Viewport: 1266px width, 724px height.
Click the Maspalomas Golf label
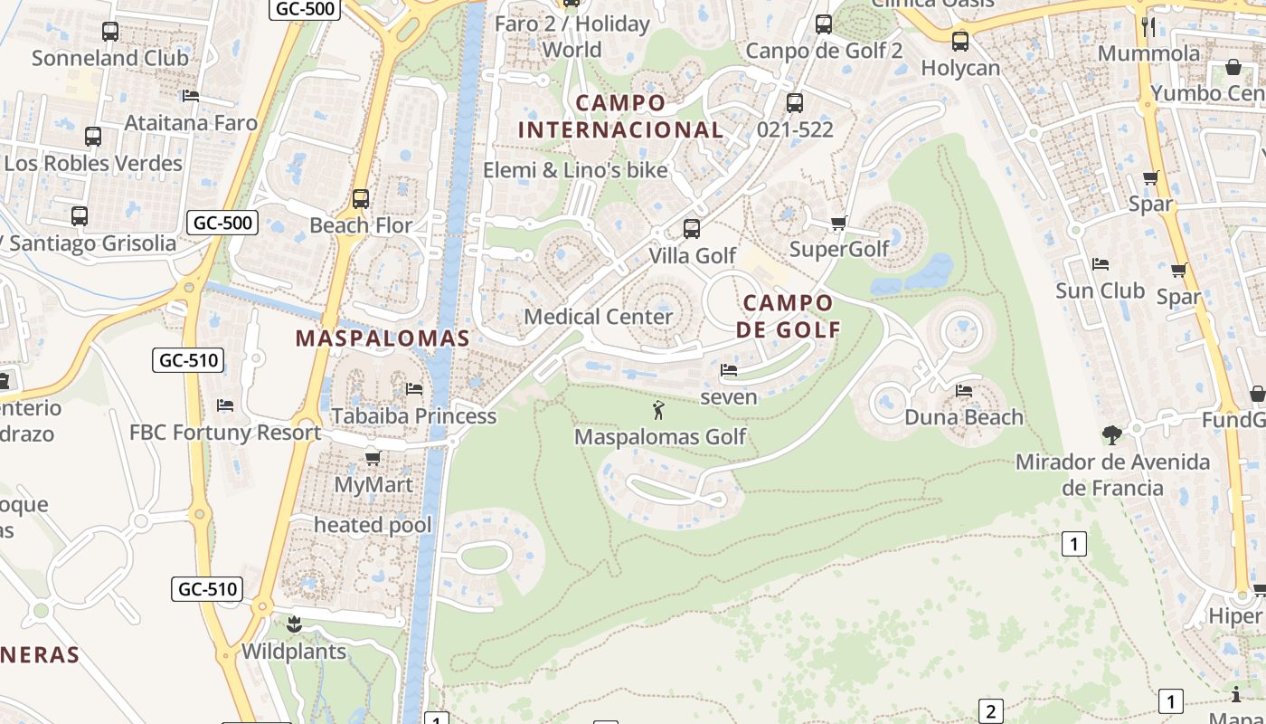pyautogui.click(x=660, y=437)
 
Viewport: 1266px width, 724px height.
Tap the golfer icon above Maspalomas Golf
pyautogui.click(x=658, y=411)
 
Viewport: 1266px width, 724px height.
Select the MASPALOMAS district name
pyautogui.click(x=383, y=338)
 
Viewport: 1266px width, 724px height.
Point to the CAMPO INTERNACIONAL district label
pyautogui.click(x=620, y=117)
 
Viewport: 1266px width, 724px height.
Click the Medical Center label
pyautogui.click(x=599, y=317)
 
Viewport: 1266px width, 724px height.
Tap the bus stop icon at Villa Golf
pyautogui.click(x=692, y=229)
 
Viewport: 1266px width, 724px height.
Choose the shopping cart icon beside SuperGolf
pyautogui.click(x=838, y=223)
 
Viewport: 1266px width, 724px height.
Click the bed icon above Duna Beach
pyautogui.click(x=964, y=391)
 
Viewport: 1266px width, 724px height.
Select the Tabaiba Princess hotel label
pyautogui.click(x=414, y=416)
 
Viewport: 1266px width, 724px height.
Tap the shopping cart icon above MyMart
pyautogui.click(x=373, y=458)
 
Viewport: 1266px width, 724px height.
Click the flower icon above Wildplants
pyautogui.click(x=293, y=624)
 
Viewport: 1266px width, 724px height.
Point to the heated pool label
pyautogui.click(x=373, y=525)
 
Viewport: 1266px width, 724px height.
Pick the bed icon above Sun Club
pyautogui.click(x=1100, y=264)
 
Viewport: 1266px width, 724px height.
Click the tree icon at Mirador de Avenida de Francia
pyautogui.click(x=1111, y=435)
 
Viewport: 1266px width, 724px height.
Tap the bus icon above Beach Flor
pyautogui.click(x=361, y=199)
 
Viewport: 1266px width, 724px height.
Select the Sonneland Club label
pyautogui.click(x=110, y=58)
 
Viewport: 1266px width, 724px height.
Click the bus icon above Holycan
pyautogui.click(x=960, y=42)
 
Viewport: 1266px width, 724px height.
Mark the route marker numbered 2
pyautogui.click(x=991, y=711)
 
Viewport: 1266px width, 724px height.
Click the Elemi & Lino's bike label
pyautogui.click(x=575, y=170)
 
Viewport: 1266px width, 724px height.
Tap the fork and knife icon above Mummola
pyautogui.click(x=1148, y=26)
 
